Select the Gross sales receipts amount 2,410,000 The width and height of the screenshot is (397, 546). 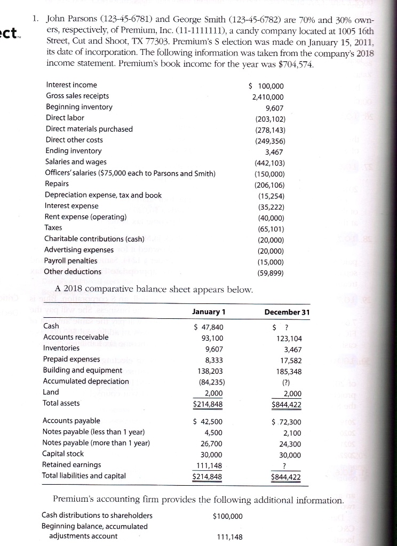point(268,97)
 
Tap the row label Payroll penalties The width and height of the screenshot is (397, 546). point(71,261)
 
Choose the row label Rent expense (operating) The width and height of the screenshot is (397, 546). point(85,217)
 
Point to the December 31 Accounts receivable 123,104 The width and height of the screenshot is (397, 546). point(289,338)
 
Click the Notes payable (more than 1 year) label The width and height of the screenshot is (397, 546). point(96,443)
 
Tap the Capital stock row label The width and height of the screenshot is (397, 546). point(63,454)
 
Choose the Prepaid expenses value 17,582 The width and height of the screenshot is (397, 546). point(290,359)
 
